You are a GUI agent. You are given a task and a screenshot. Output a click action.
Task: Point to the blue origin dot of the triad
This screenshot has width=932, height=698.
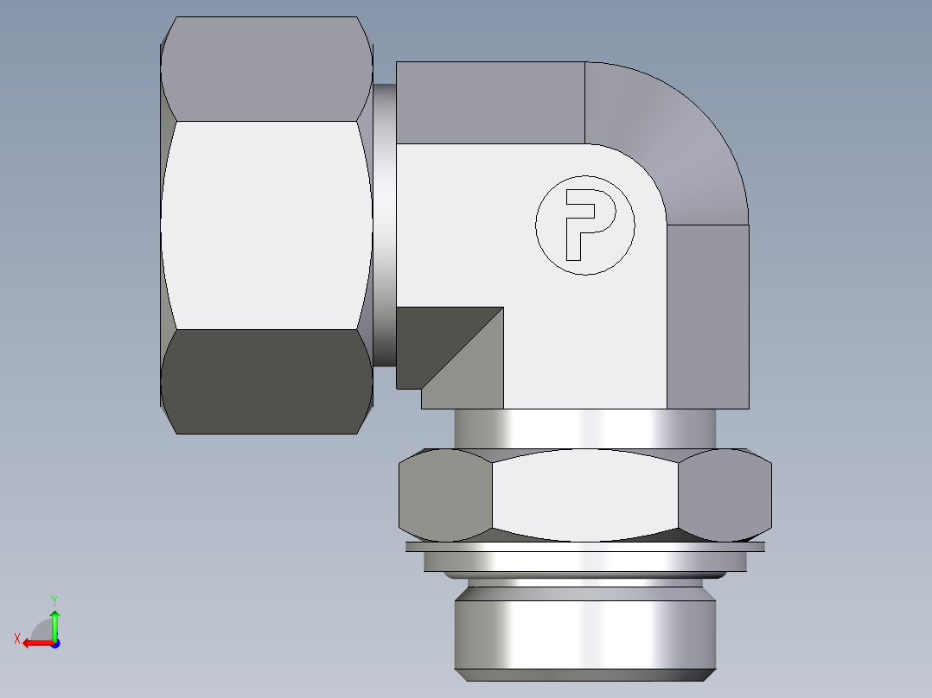point(54,643)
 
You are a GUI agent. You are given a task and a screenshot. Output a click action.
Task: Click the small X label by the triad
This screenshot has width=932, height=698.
point(16,638)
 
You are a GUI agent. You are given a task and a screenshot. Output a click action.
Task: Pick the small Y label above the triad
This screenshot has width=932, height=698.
point(54,599)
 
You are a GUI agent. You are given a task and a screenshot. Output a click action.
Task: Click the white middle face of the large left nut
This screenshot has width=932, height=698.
point(266,225)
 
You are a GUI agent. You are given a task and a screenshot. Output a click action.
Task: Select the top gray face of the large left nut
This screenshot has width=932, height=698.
point(266,69)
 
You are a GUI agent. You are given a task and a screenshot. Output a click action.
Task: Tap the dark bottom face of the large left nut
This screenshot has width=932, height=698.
point(266,380)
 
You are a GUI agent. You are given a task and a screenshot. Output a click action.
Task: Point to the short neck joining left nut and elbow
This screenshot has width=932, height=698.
point(385,225)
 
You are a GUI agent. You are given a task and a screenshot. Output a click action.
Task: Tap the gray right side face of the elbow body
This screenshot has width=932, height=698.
point(707,315)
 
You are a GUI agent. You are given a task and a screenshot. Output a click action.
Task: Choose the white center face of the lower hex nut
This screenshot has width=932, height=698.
point(584,495)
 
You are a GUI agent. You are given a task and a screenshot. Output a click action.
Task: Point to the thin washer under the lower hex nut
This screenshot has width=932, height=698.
point(584,547)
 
